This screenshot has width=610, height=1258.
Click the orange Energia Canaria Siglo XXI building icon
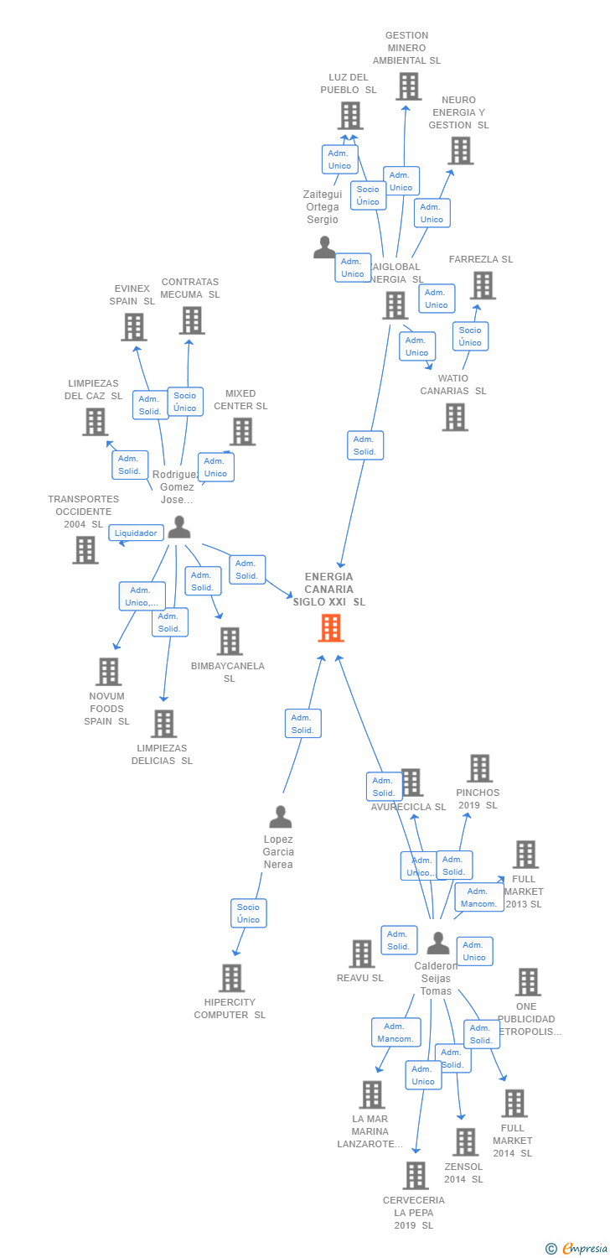point(331,627)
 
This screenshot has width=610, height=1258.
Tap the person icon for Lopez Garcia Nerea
point(280,816)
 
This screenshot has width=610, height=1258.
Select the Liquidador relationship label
point(136,533)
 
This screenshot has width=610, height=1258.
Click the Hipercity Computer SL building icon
point(231,978)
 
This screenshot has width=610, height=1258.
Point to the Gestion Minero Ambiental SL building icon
point(408,86)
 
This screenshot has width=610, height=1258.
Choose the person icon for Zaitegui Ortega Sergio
point(324,247)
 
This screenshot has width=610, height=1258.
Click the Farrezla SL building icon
point(482,286)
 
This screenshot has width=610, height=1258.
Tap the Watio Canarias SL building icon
point(455,417)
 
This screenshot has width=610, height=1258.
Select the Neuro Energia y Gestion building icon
point(460,151)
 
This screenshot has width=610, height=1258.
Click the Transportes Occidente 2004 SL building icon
point(85,550)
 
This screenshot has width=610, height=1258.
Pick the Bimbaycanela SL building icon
point(229,642)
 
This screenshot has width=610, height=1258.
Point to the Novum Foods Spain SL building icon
point(108,672)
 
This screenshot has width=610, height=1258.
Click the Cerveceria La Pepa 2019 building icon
point(415,1176)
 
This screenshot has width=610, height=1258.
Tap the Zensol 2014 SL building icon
point(465,1142)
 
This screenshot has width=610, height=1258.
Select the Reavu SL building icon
point(361,954)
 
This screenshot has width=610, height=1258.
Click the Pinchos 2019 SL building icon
point(479,768)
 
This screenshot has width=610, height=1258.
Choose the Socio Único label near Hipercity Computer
point(248,913)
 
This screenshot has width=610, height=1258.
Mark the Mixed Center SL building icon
point(242,432)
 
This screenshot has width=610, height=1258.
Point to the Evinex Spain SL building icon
point(134,327)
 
